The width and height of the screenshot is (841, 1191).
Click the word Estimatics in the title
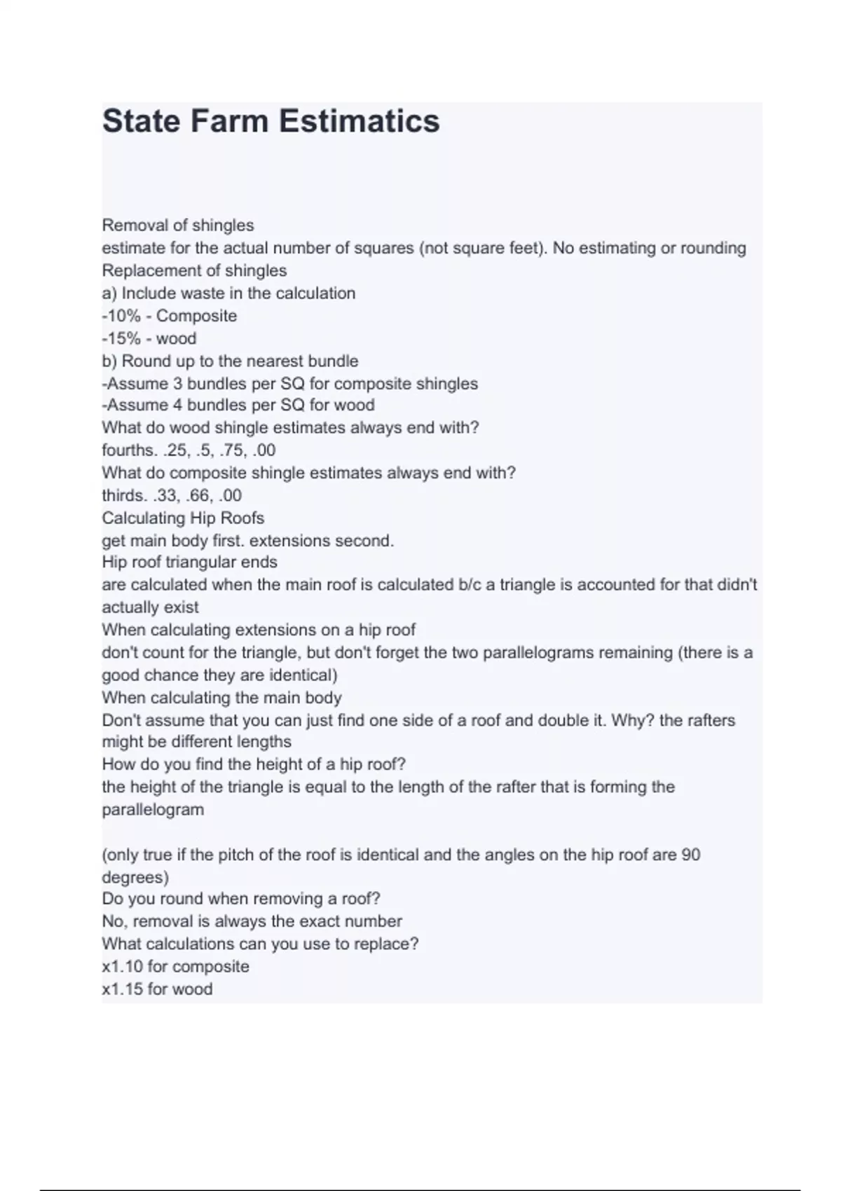359,121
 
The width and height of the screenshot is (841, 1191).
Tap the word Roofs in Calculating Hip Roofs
242,518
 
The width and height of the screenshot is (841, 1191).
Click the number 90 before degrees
690,855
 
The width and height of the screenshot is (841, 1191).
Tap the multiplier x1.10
122,967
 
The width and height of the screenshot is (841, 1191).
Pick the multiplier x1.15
122,989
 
